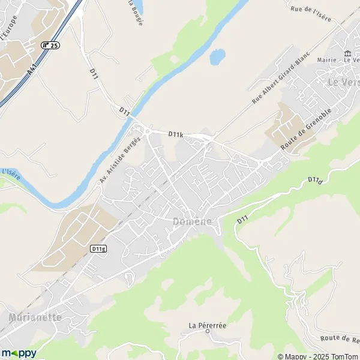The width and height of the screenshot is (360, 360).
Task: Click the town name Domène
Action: point(193,221)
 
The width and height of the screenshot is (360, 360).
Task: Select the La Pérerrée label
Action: point(207,325)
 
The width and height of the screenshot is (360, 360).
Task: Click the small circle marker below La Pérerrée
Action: point(208,332)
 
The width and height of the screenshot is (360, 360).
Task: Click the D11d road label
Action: point(315,179)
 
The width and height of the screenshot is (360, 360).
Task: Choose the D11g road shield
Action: point(98,248)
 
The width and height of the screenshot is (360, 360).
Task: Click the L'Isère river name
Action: point(11,172)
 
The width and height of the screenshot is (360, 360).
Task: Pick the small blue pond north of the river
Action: point(217,57)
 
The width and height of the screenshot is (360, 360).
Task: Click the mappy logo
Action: point(19,353)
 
